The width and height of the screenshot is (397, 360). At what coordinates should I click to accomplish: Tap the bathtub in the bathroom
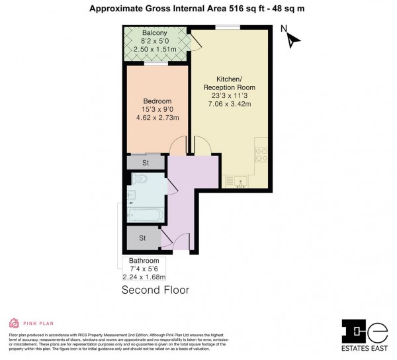pyautogui.click(x=144, y=215)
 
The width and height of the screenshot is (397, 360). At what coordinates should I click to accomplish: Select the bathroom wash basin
pyautogui.click(x=131, y=195)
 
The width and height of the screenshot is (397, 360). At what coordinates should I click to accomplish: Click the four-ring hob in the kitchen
pyautogui.click(x=261, y=154)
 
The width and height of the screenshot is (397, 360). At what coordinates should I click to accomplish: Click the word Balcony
pyautogui.click(x=146, y=33)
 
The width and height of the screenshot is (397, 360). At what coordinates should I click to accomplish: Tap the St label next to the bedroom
pyautogui.click(x=146, y=163)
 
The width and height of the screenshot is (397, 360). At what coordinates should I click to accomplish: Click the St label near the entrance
pyautogui.click(x=142, y=238)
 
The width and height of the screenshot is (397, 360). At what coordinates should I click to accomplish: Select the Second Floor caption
pyautogui.click(x=155, y=290)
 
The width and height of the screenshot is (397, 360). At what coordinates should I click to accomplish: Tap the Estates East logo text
pyautogui.click(x=363, y=348)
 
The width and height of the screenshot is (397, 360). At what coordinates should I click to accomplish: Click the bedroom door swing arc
pyautogui.click(x=179, y=146)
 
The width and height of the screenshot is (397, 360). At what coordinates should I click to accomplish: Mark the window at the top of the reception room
pyautogui.click(x=227, y=26)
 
